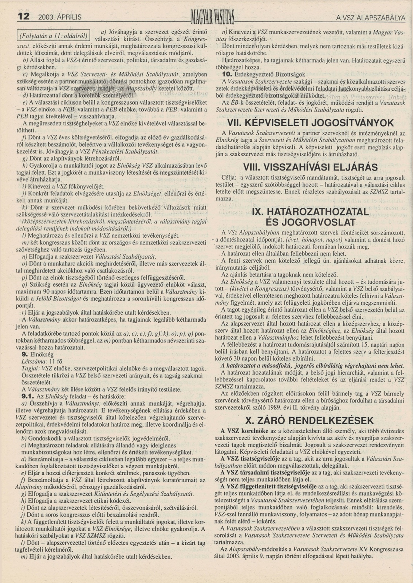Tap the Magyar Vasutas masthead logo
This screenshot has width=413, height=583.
(213, 17)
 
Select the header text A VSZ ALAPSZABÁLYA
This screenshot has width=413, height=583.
(370, 18)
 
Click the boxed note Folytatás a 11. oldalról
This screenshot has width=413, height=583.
(53, 36)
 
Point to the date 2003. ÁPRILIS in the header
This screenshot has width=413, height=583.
(60, 17)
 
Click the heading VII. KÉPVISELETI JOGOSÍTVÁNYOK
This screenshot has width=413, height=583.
(310, 123)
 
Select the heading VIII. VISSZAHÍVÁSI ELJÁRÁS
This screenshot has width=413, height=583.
(310, 167)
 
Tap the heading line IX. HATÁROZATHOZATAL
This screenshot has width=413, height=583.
(310, 212)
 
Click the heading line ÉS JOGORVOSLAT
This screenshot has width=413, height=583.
(310, 222)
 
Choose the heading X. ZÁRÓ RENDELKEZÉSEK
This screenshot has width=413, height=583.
(309, 420)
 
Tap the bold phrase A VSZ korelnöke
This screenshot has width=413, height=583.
(240, 431)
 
